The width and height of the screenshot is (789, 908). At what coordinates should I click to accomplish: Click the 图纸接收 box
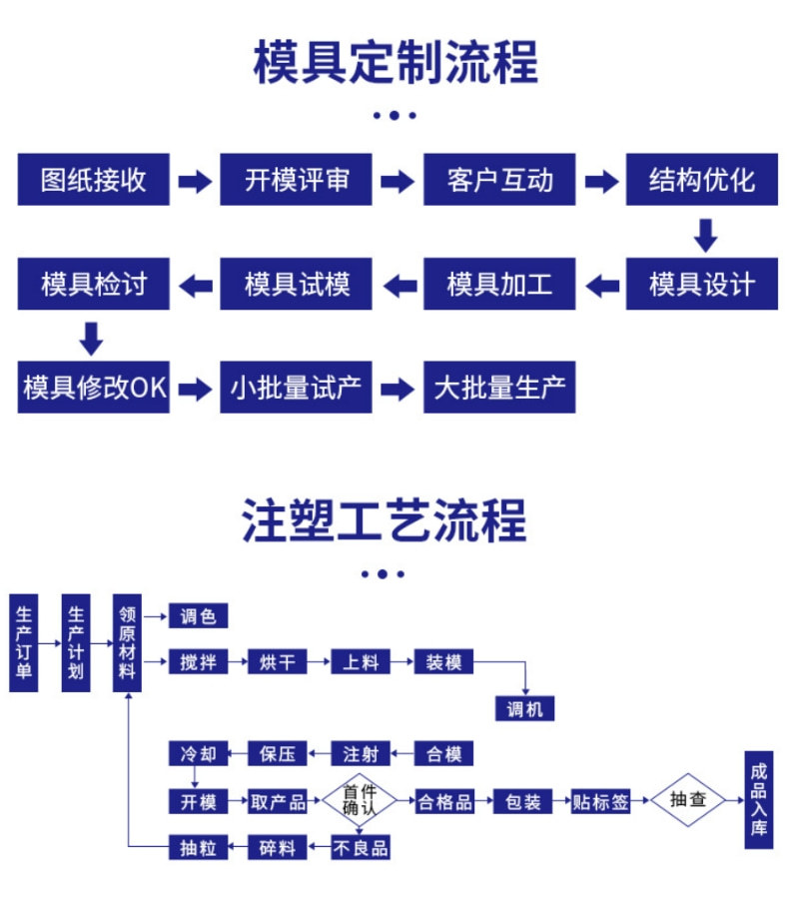(93, 180)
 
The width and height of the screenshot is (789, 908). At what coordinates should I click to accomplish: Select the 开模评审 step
(297, 180)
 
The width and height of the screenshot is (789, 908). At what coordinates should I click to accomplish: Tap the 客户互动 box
(499, 180)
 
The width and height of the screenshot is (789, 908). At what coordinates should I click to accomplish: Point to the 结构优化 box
(702, 180)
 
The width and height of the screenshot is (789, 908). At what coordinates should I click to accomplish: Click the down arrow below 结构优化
(706, 235)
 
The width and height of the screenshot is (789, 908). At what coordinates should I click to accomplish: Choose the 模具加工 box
(499, 285)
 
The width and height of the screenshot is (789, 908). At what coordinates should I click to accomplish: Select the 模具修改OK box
(94, 388)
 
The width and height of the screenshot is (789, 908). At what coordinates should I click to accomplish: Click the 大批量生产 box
(499, 388)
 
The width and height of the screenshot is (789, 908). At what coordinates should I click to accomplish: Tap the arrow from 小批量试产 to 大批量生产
(397, 389)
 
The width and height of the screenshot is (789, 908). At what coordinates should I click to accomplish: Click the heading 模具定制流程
(395, 62)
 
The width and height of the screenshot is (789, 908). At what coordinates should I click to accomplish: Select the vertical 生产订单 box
(23, 643)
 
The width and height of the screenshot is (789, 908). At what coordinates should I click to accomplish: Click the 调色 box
(198, 616)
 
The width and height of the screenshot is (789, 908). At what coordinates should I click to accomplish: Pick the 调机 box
(523, 708)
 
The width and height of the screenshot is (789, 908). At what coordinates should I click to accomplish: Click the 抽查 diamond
(688, 800)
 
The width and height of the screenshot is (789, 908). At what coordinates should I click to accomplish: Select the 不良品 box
(360, 848)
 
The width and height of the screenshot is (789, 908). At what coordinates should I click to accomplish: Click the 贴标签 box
(600, 801)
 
